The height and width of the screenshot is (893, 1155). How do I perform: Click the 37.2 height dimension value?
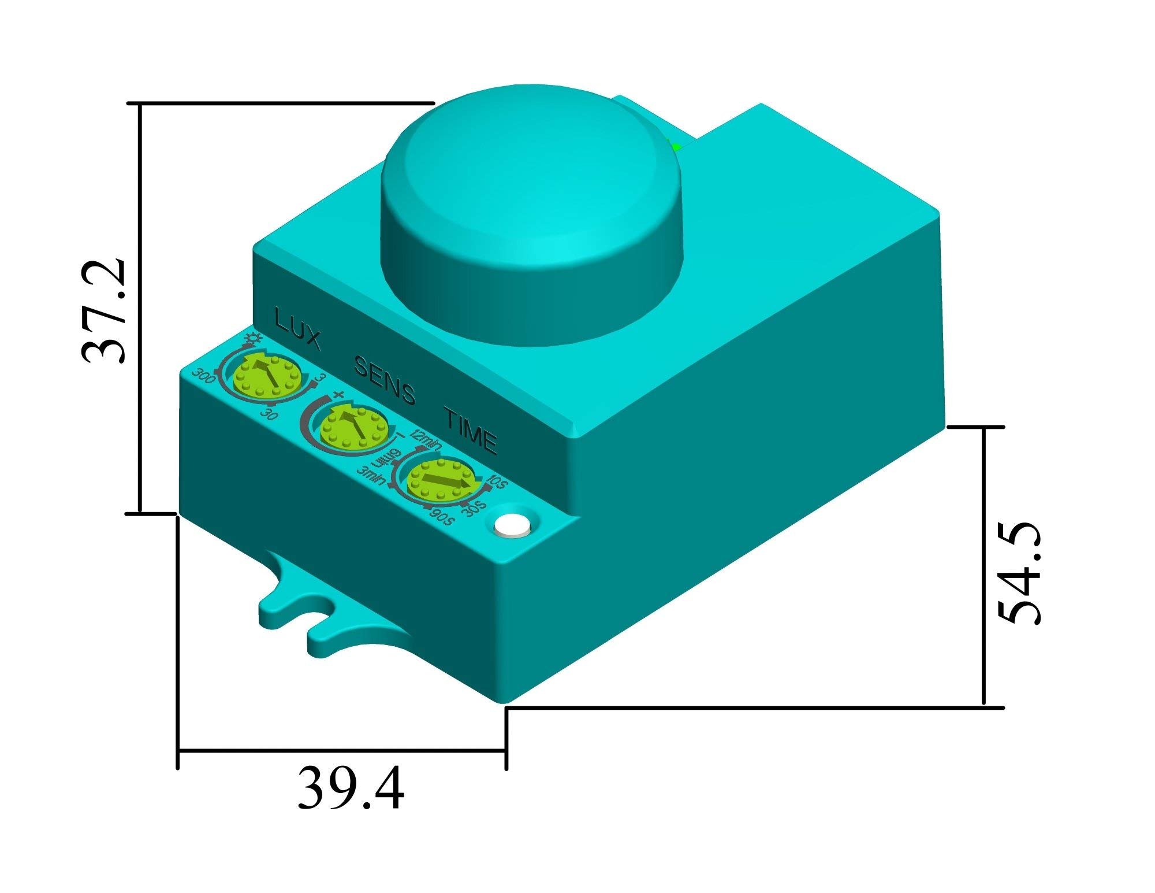(105, 310)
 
